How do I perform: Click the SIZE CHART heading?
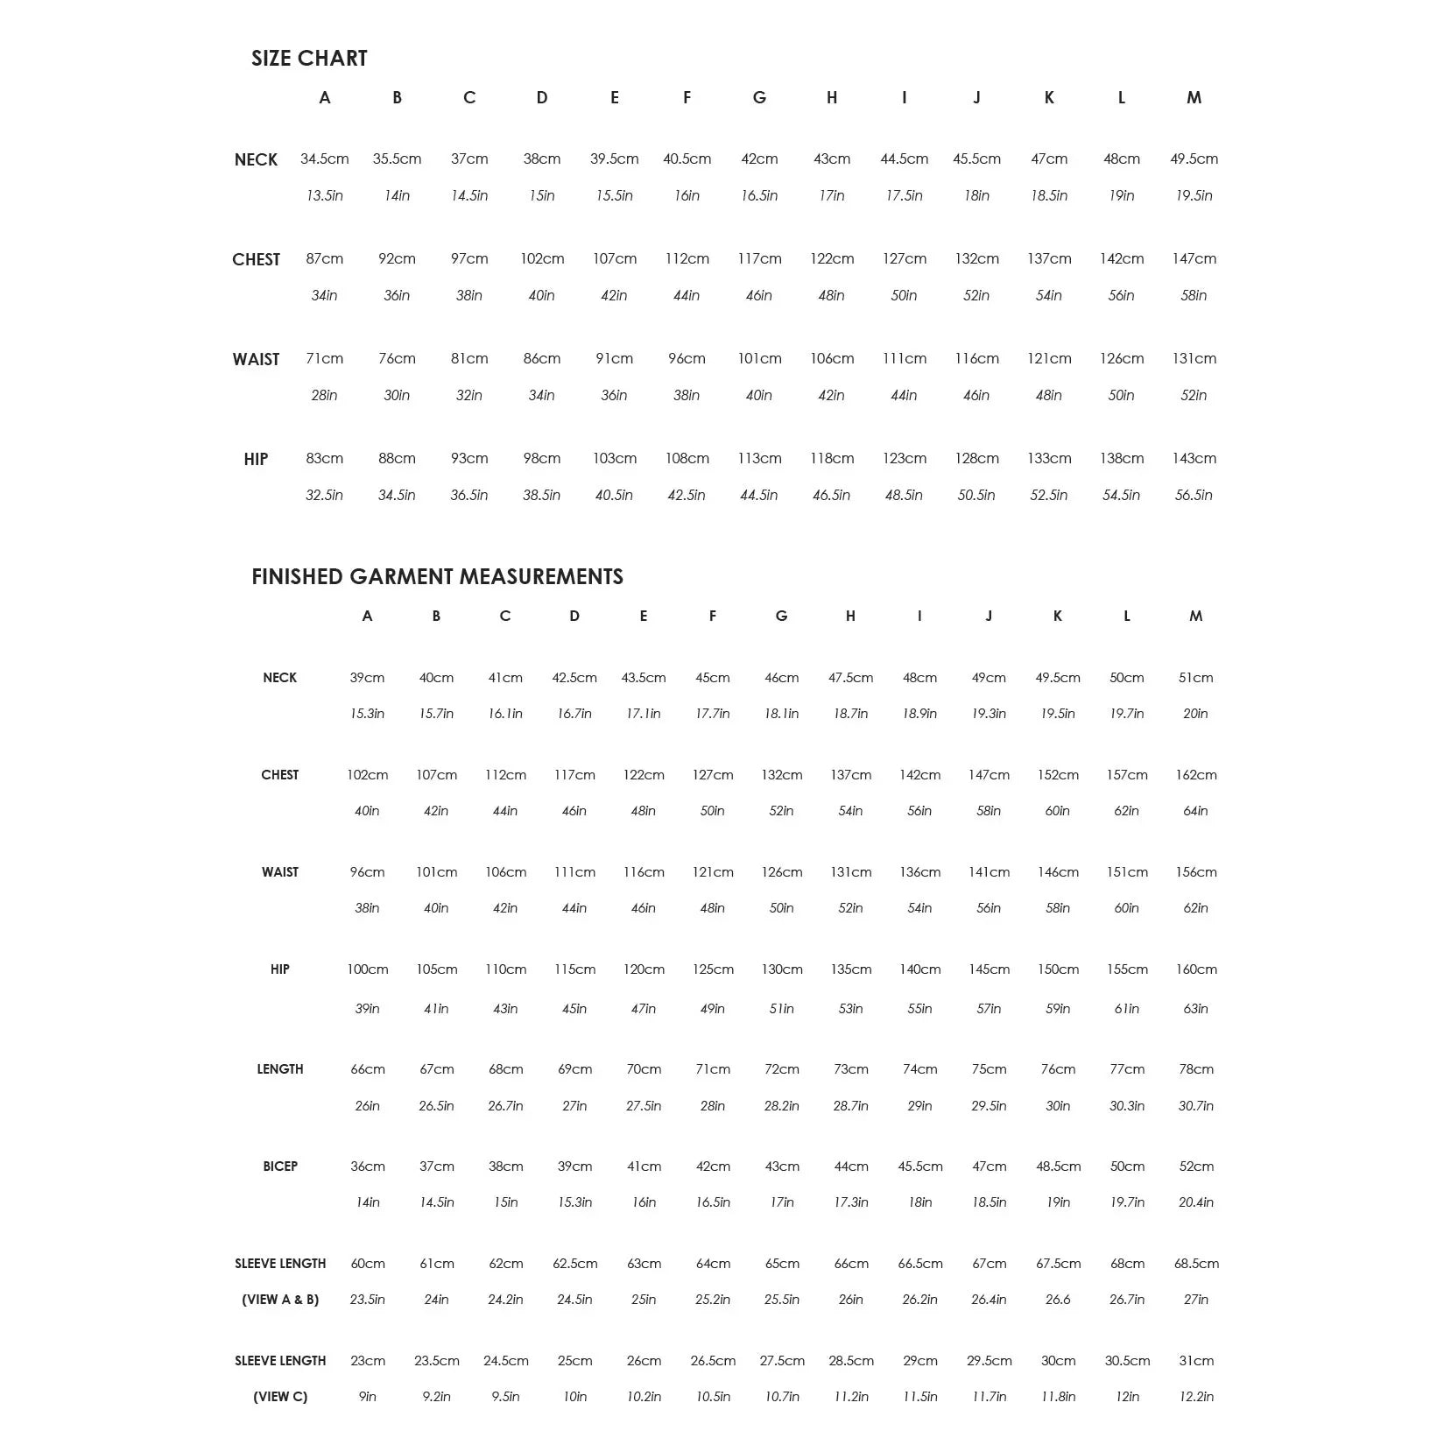click(309, 59)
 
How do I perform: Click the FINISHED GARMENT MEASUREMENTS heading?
click(437, 577)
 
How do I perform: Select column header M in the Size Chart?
click(1194, 98)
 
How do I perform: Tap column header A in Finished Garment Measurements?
click(367, 617)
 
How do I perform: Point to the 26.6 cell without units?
click(1057, 1300)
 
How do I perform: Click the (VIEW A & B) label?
click(280, 1300)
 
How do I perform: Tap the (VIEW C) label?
click(280, 1397)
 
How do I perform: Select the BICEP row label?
click(280, 1167)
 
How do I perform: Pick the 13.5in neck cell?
click(324, 196)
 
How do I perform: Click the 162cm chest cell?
click(1195, 775)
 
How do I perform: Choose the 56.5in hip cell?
click(1194, 496)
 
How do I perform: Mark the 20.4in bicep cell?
click(1195, 1202)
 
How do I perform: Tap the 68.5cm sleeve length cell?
click(1196, 1264)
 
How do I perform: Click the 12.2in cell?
click(1195, 1397)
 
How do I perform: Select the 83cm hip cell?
click(324, 459)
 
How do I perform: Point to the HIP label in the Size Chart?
click(256, 460)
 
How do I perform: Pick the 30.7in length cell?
click(1195, 1106)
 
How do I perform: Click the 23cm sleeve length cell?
click(367, 1361)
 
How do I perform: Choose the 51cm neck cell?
click(1195, 678)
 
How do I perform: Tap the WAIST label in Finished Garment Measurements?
click(280, 872)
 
